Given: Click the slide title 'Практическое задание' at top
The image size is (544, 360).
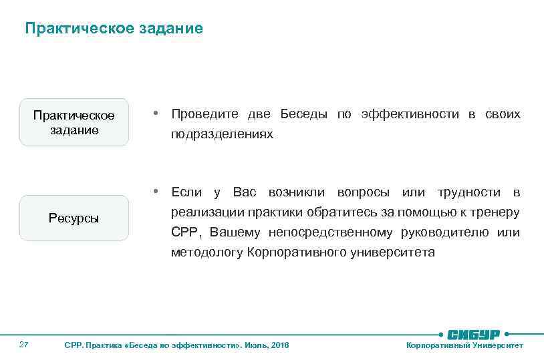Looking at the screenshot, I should tap(114, 29).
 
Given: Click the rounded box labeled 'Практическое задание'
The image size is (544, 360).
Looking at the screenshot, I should tap(74, 122).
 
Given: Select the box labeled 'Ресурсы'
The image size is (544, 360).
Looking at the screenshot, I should tap(74, 218).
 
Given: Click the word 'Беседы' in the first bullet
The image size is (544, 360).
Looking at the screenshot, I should tap(303, 114).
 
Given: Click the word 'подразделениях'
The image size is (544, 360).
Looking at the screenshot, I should tap(222, 134).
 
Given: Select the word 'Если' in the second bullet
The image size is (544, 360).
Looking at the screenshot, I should tap(186, 192).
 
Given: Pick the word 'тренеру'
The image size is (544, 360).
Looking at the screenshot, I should tap(497, 212).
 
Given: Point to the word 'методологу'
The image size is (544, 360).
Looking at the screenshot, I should tap(207, 252).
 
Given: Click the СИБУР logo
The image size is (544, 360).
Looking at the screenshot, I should tap(473, 334).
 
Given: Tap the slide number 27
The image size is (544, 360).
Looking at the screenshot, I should tap(24, 345).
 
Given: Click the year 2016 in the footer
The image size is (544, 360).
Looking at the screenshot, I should tap(281, 345).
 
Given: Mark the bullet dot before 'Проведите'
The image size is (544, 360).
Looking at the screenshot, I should tap(154, 113).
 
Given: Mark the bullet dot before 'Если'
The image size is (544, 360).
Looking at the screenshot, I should tap(154, 191).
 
